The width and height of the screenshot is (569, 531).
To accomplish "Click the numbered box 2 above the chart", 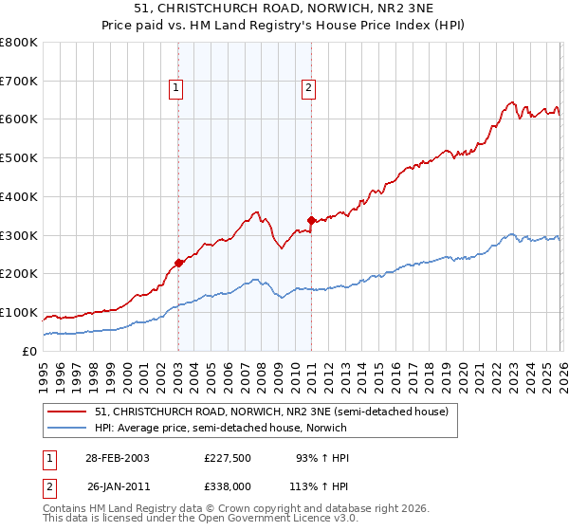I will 309,89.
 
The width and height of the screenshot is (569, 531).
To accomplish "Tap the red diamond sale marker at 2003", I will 178,263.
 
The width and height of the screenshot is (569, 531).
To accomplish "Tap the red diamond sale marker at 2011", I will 311,220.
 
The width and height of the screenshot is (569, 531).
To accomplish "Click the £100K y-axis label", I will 19,312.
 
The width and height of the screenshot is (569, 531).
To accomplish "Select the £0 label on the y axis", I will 30,351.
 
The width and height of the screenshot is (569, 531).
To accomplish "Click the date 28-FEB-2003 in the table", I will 118,458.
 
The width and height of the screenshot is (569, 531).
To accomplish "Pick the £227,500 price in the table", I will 228,458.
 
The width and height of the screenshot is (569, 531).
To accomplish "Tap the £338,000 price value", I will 228,486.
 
